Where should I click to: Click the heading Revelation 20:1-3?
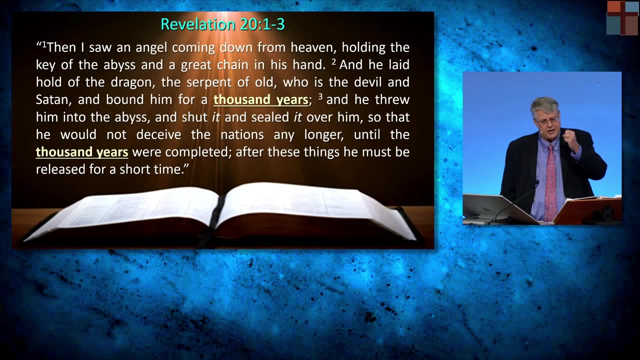222,24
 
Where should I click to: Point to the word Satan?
53,99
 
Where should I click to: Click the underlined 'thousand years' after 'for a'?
260,99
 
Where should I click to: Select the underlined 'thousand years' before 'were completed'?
82,151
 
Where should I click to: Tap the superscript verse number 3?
320,96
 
